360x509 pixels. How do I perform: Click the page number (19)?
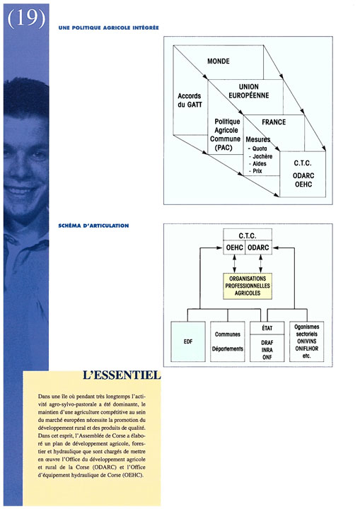click(x=26, y=18)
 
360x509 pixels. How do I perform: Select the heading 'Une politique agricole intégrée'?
click(x=108, y=28)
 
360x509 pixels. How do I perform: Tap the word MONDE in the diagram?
click(x=219, y=61)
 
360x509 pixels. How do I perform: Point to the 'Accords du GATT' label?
click(x=190, y=100)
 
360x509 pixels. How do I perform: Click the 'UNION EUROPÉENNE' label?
click(x=249, y=91)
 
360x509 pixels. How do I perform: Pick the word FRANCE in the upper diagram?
click(x=274, y=122)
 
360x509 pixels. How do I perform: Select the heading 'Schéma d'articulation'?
click(x=93, y=226)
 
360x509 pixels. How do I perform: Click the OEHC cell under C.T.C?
click(x=234, y=247)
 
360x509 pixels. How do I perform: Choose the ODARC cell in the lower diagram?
click(x=258, y=247)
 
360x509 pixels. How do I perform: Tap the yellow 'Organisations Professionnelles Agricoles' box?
click(x=248, y=286)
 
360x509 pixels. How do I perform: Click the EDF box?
click(x=188, y=341)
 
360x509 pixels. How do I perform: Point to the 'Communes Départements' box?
click(x=228, y=341)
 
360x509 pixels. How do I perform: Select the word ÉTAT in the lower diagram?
click(x=267, y=328)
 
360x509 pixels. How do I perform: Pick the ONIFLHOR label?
click(x=307, y=349)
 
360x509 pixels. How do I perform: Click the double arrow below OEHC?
click(x=234, y=264)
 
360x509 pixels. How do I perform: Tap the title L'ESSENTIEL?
click(x=122, y=375)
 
